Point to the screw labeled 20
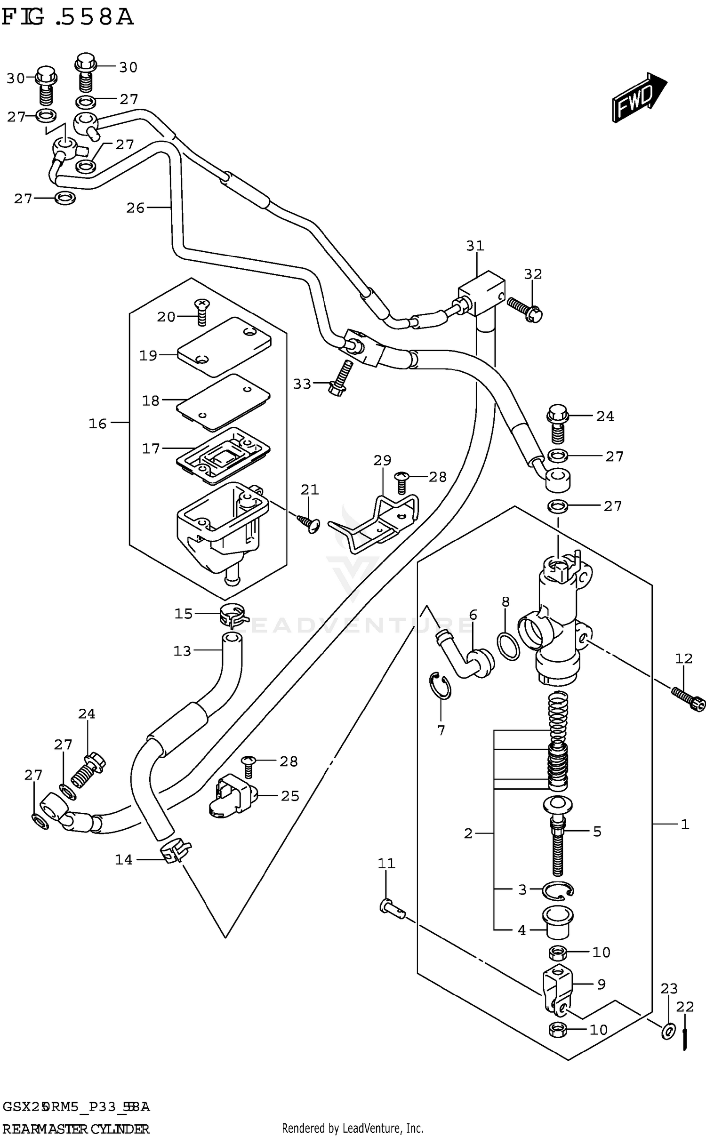tap(201, 312)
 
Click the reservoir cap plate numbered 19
tap(224, 347)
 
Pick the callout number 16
tap(98, 424)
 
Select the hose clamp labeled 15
tap(233, 614)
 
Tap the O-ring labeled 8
tap(508, 646)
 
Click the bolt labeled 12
tap(689, 698)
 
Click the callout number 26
tap(136, 208)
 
